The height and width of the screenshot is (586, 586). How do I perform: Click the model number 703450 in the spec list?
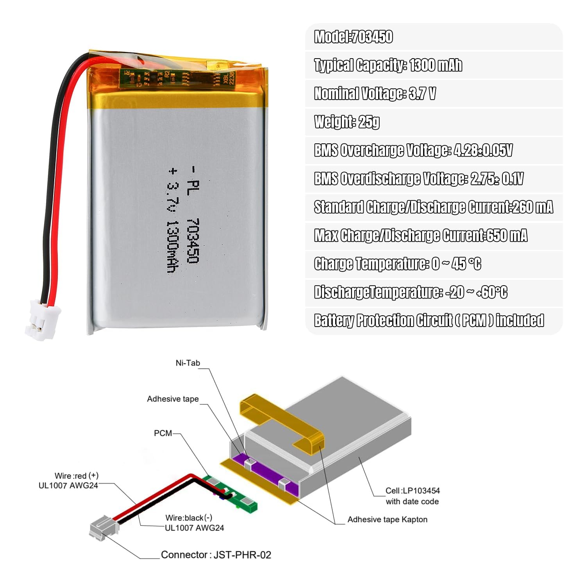click(372, 37)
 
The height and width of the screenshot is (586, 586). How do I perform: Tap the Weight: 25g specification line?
click(347, 122)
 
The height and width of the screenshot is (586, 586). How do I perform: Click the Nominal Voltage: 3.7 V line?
click(375, 93)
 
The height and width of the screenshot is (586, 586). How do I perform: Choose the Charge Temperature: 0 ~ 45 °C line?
click(398, 264)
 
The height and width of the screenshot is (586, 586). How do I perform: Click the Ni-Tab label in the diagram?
click(188, 363)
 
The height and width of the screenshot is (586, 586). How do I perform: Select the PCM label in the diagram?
click(163, 433)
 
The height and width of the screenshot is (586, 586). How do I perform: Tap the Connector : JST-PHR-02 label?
click(216, 555)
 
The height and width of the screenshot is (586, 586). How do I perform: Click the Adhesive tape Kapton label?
click(388, 520)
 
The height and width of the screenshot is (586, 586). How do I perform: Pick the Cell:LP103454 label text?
click(413, 491)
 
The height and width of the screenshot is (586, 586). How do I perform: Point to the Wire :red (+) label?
click(77, 476)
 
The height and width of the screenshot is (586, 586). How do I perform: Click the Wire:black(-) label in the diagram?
click(189, 518)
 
